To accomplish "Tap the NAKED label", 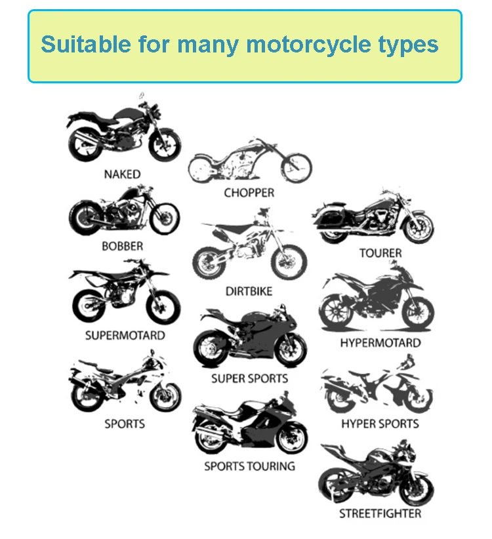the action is click(x=122, y=174).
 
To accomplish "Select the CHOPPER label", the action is click(x=249, y=193).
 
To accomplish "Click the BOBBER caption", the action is click(x=122, y=247).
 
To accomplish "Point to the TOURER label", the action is click(x=380, y=252).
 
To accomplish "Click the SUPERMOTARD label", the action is click(x=125, y=335).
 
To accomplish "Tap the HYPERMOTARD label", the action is click(x=380, y=342).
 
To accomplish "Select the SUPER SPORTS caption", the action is click(x=249, y=378).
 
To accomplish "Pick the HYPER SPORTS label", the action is click(x=380, y=424).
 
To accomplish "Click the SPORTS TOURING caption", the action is click(x=249, y=466).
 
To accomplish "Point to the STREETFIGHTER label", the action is click(x=380, y=513).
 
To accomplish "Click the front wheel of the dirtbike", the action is click(x=289, y=260).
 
